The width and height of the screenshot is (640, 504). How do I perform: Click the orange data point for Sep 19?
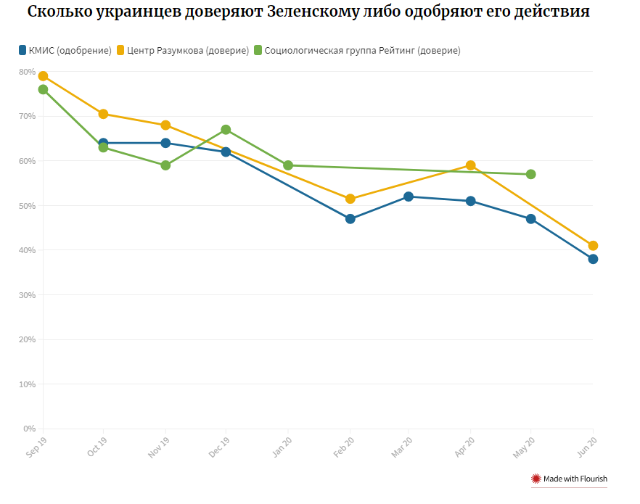pyautogui.click(x=43, y=76)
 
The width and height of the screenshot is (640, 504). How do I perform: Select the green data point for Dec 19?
pyautogui.click(x=226, y=130)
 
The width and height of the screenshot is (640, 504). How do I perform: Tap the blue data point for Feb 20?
pyautogui.click(x=350, y=219)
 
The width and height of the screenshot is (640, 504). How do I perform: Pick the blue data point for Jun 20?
pyautogui.click(x=593, y=259)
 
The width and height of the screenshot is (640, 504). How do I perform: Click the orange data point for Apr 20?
pyautogui.click(x=471, y=165)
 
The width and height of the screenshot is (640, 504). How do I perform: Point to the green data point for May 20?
pyautogui.click(x=531, y=174)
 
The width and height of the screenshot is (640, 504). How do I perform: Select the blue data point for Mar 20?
pyautogui.click(x=409, y=197)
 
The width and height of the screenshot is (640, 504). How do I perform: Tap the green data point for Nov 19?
pyautogui.click(x=165, y=165)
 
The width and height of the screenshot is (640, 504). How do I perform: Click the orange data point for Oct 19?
pyautogui.click(x=103, y=114)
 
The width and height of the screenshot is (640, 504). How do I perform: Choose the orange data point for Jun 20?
pyautogui.click(x=593, y=246)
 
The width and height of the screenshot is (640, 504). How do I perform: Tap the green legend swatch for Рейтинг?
pyautogui.click(x=258, y=51)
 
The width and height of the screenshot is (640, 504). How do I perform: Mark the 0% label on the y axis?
pyautogui.click(x=29, y=429)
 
